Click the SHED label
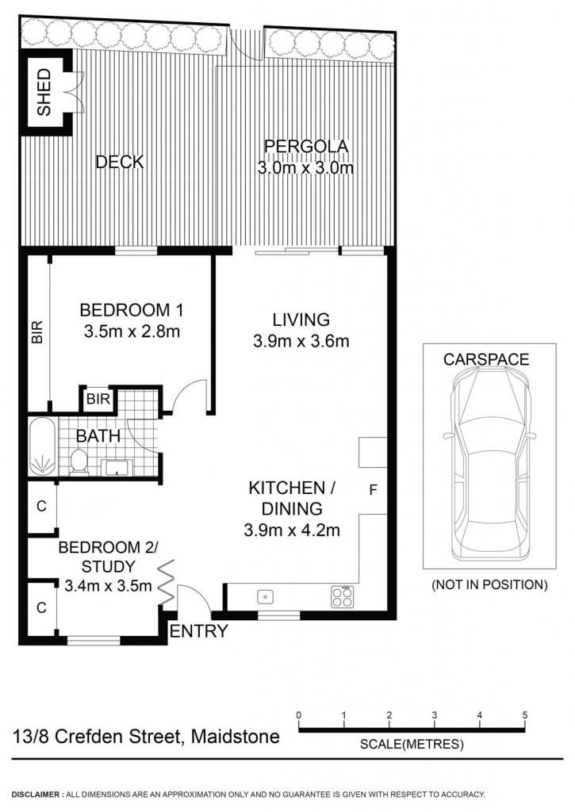click(44, 92)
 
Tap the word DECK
click(120, 162)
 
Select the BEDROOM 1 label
click(132, 310)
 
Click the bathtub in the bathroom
click(43, 446)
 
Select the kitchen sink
click(266, 596)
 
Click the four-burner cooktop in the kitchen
click(343, 596)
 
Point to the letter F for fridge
click(373, 489)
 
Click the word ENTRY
click(199, 630)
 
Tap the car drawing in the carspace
click(489, 464)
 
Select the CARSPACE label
click(486, 359)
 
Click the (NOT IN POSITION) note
click(489, 584)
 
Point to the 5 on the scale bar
click(525, 715)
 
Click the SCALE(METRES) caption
click(412, 744)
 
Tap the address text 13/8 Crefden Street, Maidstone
click(146, 736)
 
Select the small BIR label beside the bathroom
click(98, 399)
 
